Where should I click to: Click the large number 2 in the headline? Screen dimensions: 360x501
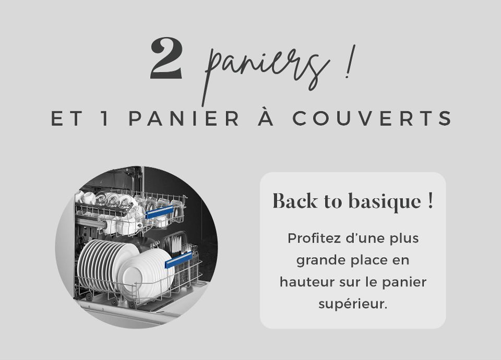point(166,59)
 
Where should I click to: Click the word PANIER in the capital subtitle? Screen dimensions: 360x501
point(184,119)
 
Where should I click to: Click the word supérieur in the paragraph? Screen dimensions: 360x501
point(352,304)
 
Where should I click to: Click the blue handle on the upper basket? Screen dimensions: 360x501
point(159,212)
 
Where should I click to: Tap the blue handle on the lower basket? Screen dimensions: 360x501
point(179,259)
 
